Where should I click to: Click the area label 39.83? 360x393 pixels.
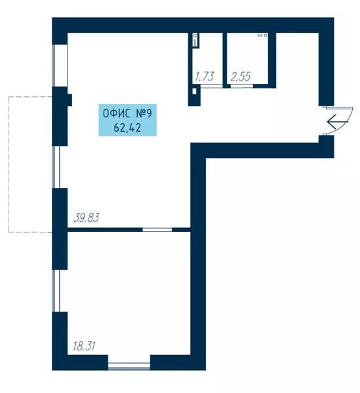87,217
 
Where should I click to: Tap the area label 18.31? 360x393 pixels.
84,346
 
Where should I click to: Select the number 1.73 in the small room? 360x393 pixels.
205,77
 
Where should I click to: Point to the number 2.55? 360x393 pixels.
241,77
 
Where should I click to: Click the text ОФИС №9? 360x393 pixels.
127,113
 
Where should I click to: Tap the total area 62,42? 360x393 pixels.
127,128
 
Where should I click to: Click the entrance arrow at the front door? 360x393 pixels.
338,122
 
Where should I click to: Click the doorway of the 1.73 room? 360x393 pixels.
212,86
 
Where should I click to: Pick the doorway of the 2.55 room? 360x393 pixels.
241,86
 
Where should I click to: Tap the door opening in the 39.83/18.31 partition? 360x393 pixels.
157,230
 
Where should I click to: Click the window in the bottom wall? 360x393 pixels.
129,366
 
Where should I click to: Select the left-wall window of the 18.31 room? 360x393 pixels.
56,291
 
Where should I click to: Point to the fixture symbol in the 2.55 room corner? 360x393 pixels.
263,35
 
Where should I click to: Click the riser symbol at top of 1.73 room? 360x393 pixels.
195,40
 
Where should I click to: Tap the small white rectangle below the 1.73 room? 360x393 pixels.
194,91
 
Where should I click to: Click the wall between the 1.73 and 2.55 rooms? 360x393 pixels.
225,60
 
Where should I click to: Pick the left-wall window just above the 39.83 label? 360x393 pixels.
56,167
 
